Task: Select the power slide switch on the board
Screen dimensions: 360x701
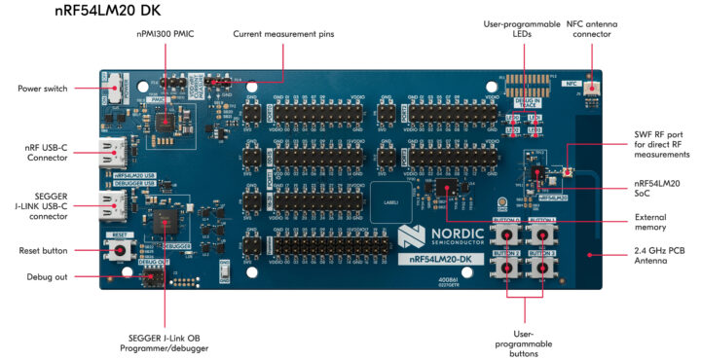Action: click(x=114, y=86)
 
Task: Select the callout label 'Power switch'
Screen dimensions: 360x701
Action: click(x=43, y=89)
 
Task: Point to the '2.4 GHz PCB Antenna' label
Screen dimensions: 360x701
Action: click(x=654, y=258)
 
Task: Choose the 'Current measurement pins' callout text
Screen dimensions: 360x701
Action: click(x=283, y=34)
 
